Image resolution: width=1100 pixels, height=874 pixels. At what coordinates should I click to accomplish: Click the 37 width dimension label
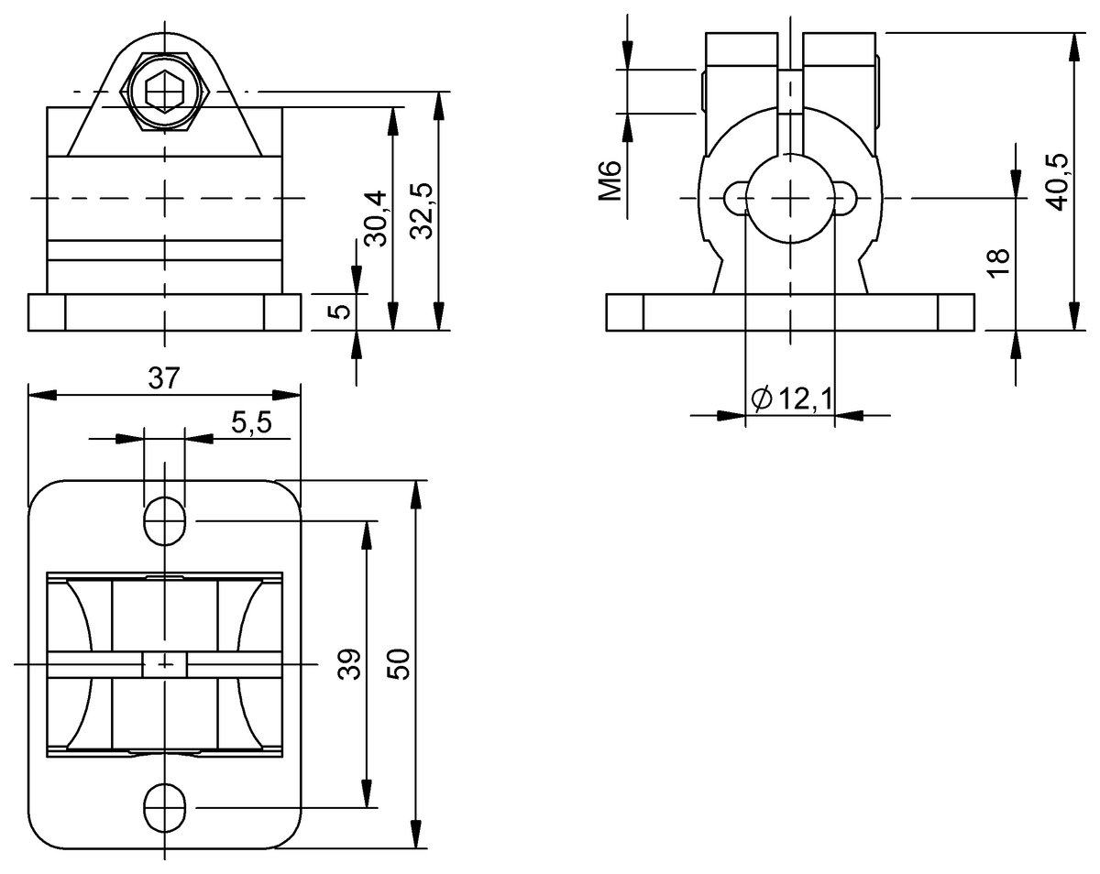point(164,378)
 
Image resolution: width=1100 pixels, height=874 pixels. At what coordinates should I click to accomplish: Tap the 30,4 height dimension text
point(375,218)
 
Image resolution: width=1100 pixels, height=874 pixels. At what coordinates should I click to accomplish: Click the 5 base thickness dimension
point(338,311)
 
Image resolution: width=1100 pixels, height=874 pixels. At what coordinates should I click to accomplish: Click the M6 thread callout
point(611,180)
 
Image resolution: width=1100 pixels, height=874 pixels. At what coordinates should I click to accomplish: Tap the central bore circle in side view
point(789,197)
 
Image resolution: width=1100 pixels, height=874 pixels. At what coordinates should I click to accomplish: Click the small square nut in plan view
point(165,663)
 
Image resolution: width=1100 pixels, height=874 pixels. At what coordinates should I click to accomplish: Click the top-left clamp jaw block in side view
point(741,50)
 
